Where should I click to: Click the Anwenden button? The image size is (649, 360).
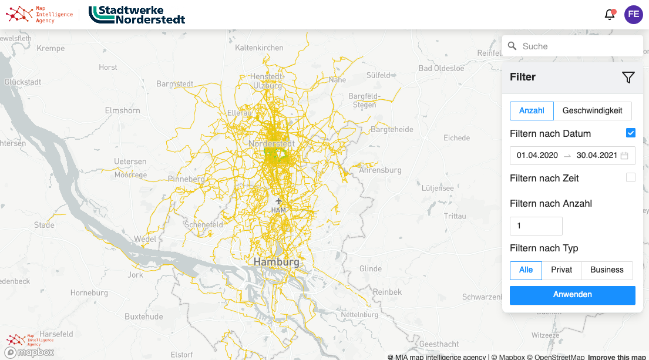tap(572, 295)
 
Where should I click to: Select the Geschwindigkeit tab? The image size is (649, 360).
tap(592, 110)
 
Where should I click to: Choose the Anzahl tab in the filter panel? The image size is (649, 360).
tap(532, 110)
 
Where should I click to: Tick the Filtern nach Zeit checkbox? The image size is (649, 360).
tap(631, 177)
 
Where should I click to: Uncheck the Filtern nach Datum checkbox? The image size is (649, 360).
tap(631, 133)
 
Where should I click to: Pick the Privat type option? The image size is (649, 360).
tap(561, 270)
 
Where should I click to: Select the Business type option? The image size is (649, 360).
tap(607, 270)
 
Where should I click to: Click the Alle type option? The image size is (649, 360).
tap(526, 270)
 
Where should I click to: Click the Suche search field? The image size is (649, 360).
tap(573, 46)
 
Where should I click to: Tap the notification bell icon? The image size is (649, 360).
tap(610, 15)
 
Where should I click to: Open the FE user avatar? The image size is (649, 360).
tap(634, 15)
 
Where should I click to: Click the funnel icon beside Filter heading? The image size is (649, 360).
tap(628, 77)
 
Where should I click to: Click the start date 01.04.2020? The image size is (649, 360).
tap(537, 156)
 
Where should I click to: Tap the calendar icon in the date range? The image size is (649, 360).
tap(624, 156)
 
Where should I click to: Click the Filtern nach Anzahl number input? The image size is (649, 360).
tap(536, 226)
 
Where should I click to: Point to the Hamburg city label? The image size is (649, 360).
tap(276, 262)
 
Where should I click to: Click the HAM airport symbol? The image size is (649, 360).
tap(279, 202)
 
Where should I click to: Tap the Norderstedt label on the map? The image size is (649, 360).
tap(272, 144)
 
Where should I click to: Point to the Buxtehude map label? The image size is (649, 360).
tap(144, 317)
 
